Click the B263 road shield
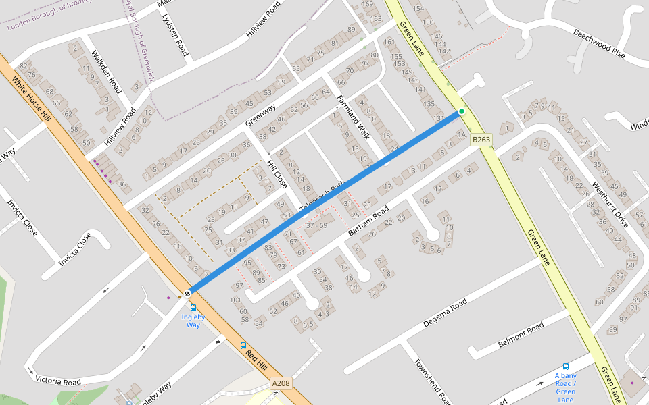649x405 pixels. (x=481, y=140)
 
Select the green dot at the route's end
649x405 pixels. (x=462, y=111)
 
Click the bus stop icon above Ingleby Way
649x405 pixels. (x=193, y=307)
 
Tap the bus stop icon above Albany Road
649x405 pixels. (x=566, y=367)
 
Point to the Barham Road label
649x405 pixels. (x=369, y=221)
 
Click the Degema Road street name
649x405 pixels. (x=444, y=314)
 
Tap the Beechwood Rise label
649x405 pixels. (x=600, y=42)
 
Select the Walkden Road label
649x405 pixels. (x=106, y=72)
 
